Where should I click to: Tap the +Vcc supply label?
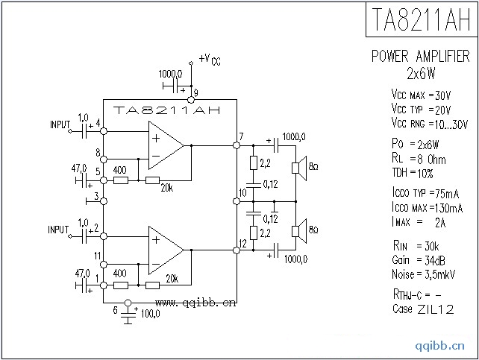(x=210, y=59)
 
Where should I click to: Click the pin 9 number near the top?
(x=195, y=92)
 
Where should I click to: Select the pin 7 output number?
(x=240, y=136)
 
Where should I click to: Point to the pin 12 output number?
(x=242, y=243)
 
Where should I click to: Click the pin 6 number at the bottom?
(x=114, y=309)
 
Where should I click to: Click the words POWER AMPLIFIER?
(x=421, y=57)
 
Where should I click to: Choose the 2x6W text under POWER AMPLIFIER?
(x=421, y=73)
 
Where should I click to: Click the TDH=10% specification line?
(x=413, y=173)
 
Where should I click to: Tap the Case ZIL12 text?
(x=422, y=309)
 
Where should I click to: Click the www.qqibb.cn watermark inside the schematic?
(x=195, y=303)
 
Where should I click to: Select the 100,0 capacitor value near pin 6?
(x=150, y=314)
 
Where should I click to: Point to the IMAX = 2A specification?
(x=418, y=222)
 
